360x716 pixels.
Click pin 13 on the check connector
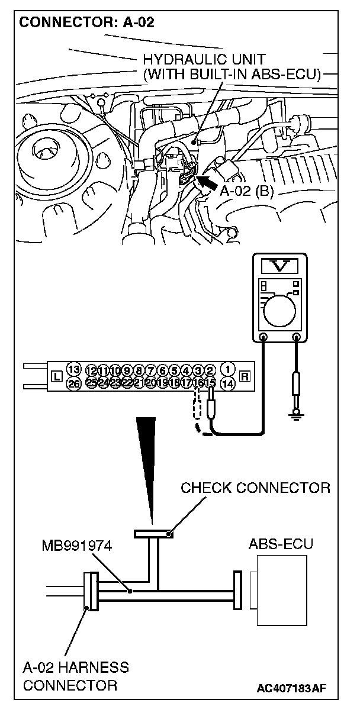[73, 369]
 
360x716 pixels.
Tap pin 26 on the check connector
[73, 383]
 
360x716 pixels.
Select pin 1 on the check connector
[228, 369]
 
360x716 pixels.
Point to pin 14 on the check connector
[228, 383]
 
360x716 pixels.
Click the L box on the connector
[56, 376]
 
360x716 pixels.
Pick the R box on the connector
[245, 376]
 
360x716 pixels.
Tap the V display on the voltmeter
[279, 267]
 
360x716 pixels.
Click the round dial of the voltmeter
[281, 310]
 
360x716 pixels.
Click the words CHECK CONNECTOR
[255, 488]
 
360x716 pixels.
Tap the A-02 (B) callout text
[246, 192]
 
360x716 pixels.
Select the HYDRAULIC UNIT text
[203, 59]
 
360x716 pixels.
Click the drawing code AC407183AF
[292, 688]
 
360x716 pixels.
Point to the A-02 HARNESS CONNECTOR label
[76, 676]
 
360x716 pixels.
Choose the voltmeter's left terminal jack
[262, 338]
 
